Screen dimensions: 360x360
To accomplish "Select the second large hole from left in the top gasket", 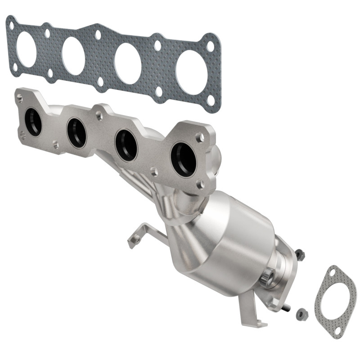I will coord(73,56).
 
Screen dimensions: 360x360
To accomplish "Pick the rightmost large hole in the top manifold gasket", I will coord(191,72).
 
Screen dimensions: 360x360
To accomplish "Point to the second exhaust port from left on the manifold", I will coord(76,133).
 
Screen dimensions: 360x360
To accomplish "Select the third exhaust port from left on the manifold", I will coord(126,145).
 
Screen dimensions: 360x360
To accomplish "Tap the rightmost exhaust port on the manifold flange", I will coord(184,159).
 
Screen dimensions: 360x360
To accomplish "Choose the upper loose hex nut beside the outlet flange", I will coord(300,255).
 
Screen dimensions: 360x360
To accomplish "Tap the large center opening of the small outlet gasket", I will coord(335,301).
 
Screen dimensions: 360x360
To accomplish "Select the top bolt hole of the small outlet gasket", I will coord(332,272).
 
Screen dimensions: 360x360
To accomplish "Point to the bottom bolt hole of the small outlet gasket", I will coord(338,331).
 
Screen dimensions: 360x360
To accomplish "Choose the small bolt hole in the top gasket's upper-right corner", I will coord(210,46).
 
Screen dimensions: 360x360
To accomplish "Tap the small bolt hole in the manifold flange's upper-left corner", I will coord(19,97).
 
